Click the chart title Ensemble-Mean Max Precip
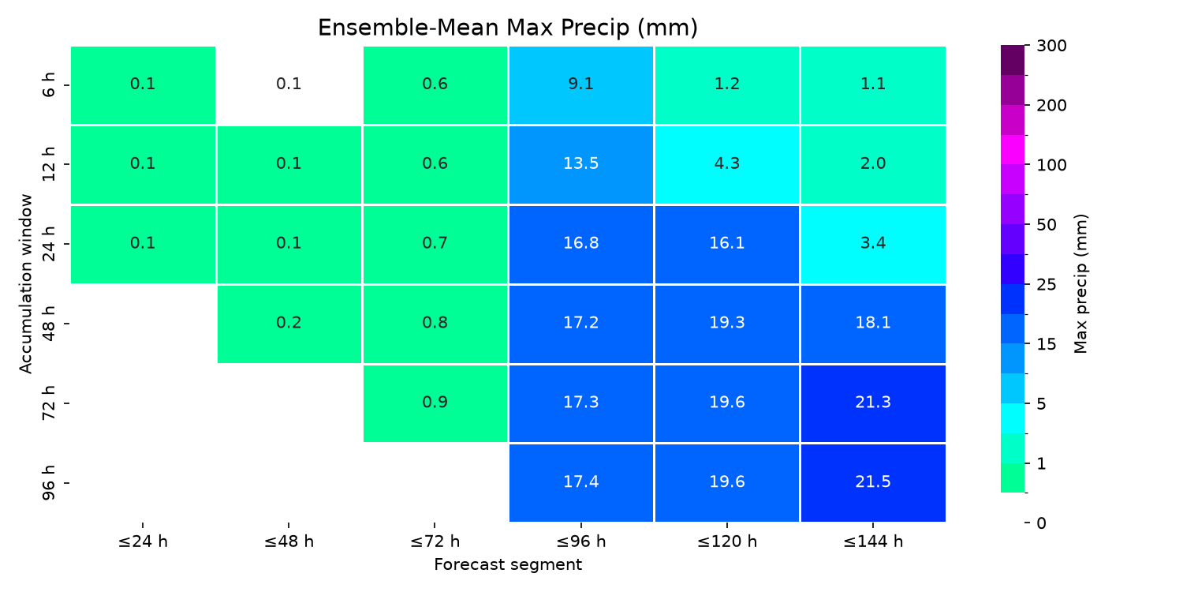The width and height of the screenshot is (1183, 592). pos(508,28)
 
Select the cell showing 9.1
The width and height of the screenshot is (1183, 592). pos(581,85)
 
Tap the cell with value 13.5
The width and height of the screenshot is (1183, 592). pos(581,164)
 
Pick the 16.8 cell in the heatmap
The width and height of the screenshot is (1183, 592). pos(581,244)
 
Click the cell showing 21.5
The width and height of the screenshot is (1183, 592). pos(873,482)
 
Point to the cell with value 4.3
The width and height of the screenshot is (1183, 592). pos(726,164)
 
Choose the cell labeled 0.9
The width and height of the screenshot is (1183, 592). pos(435,403)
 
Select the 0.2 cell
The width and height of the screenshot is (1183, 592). pos(289,324)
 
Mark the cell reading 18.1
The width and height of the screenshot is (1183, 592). pos(873,324)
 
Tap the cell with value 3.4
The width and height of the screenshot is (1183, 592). pos(873,244)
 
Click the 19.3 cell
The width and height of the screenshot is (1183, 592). pos(726,324)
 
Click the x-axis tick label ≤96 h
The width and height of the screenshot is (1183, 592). pos(581,541)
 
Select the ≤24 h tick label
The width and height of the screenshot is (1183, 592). pos(143,541)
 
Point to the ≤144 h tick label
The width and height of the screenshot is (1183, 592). pos(873,541)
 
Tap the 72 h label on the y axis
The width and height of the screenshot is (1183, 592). pos(49,403)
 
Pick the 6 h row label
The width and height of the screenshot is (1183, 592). pos(49,85)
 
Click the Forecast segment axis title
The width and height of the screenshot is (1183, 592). pos(508,565)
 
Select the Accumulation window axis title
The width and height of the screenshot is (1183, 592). pos(25,284)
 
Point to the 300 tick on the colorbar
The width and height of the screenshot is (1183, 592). pos(1051,46)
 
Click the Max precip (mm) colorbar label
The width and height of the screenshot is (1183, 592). pos(1080,284)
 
